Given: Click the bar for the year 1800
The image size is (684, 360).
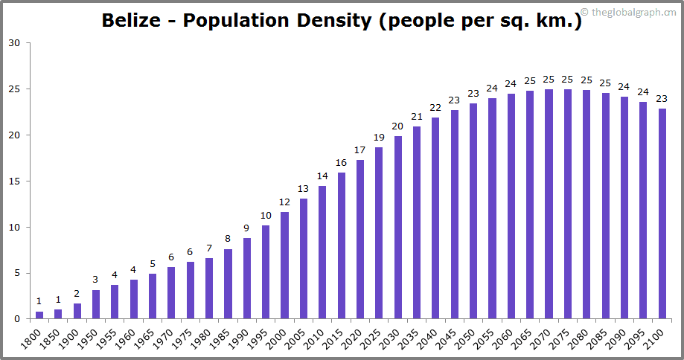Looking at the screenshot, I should (39, 315).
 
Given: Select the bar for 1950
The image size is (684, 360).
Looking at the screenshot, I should (96, 304).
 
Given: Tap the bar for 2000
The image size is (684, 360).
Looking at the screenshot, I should (284, 266).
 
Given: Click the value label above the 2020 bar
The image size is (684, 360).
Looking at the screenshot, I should (360, 151).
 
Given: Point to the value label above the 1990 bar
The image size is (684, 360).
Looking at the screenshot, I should (247, 228).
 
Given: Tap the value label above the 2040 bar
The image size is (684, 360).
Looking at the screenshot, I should (435, 108).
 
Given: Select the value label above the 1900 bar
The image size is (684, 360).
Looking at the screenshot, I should (77, 294).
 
